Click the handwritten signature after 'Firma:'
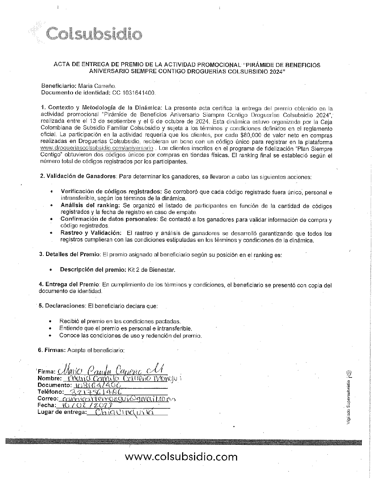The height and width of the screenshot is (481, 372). click(110, 370)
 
